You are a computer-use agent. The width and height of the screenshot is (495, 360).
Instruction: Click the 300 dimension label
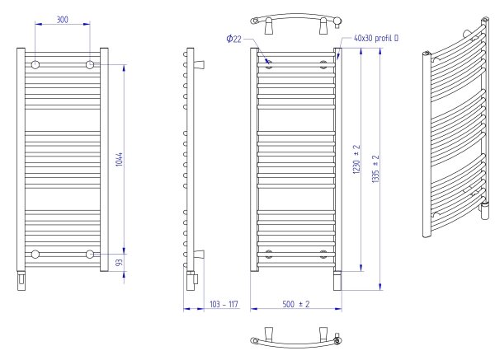(62, 20)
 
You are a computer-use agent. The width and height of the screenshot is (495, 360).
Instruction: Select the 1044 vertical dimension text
(119, 160)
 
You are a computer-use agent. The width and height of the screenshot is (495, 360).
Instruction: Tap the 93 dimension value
(119, 262)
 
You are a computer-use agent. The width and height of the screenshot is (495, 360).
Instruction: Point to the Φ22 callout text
(234, 39)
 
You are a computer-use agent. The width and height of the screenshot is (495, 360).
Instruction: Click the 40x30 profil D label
(376, 38)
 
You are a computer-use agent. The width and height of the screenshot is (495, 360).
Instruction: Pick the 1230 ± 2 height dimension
(356, 160)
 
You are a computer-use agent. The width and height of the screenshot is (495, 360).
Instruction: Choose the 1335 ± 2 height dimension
(375, 169)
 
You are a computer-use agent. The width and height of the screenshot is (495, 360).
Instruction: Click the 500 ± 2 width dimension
(296, 304)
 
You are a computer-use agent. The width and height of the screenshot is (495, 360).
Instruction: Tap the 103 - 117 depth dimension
(224, 304)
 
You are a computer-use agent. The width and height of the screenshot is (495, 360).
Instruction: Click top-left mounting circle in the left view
(35, 65)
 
